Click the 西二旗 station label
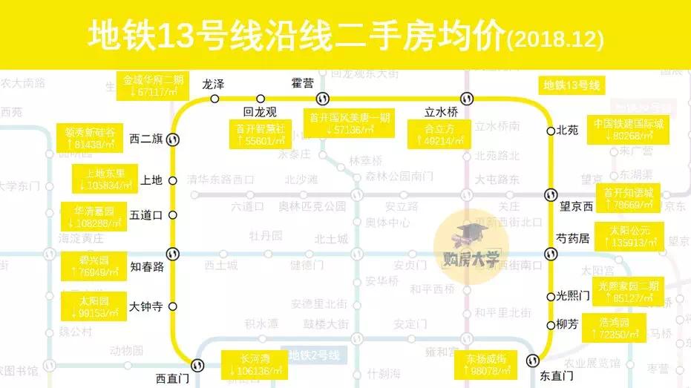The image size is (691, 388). pyautogui.click(x=145, y=139)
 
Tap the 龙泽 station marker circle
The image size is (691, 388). pyautogui.click(x=214, y=99)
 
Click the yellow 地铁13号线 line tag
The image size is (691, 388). pyautogui.click(x=572, y=85)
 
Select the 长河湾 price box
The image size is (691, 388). pyautogui.click(x=255, y=365)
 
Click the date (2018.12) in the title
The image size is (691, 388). pyautogui.click(x=554, y=37)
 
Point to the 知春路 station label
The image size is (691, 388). pyautogui.click(x=146, y=266)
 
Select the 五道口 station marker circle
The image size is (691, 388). pyautogui.click(x=173, y=215)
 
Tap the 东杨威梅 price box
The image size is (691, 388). pyautogui.click(x=487, y=365)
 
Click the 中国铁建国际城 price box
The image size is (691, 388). pyautogui.click(x=627, y=130)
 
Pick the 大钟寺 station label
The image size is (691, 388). pyautogui.click(x=145, y=306)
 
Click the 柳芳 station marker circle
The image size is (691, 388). pyautogui.click(x=550, y=323)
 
